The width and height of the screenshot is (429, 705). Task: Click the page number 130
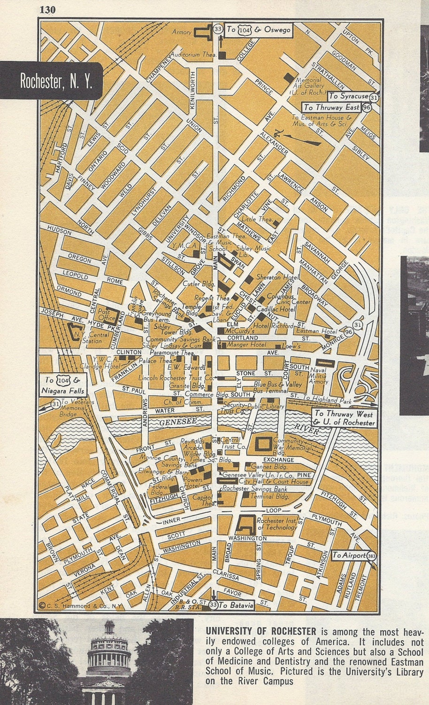[x=48, y=9]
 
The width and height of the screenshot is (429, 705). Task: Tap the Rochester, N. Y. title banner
[x=55, y=81]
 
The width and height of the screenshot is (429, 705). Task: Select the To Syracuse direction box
[x=348, y=96]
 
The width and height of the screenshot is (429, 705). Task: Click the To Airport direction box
[x=349, y=555]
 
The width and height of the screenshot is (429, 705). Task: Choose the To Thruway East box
[x=332, y=107]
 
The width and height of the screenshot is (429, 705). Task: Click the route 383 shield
[x=372, y=556]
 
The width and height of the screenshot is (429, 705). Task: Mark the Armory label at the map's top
[x=182, y=32]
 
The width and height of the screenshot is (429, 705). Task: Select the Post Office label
[x=104, y=314]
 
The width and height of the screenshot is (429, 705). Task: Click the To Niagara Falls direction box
[x=66, y=385]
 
